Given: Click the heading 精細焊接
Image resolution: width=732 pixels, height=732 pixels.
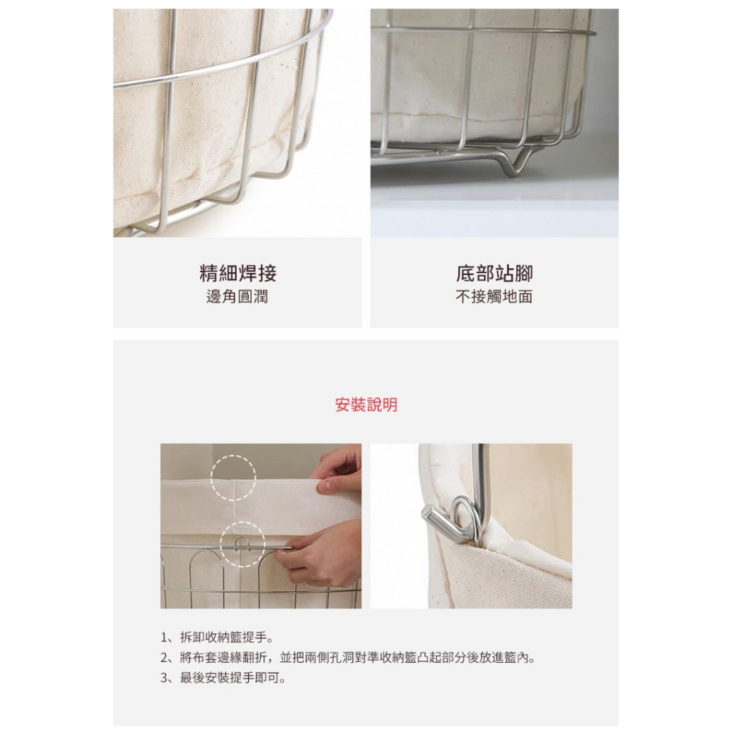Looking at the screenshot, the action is coord(237,273).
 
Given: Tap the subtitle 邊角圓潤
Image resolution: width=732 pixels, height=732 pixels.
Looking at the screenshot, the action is coord(237,297).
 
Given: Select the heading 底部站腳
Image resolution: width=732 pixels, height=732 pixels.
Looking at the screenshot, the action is coord(495,273).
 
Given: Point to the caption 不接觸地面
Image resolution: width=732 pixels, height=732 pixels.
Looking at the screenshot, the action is coord(495,297).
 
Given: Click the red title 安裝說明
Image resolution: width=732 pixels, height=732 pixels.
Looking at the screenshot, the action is coord(366,405).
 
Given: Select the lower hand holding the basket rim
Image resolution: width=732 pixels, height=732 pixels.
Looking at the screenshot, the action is coord(322,555).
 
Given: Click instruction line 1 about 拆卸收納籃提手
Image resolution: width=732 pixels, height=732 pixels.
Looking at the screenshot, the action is coord(217,637).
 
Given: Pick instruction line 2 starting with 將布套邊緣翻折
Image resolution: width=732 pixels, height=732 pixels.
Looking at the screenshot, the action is coord(347,658).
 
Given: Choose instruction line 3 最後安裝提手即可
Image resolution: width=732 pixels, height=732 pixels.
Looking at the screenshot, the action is coord(223,678).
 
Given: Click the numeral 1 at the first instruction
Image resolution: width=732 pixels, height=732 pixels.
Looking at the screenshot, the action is coord(164,638).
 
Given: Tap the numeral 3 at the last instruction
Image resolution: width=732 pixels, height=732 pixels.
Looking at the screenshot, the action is coord(164,678).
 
